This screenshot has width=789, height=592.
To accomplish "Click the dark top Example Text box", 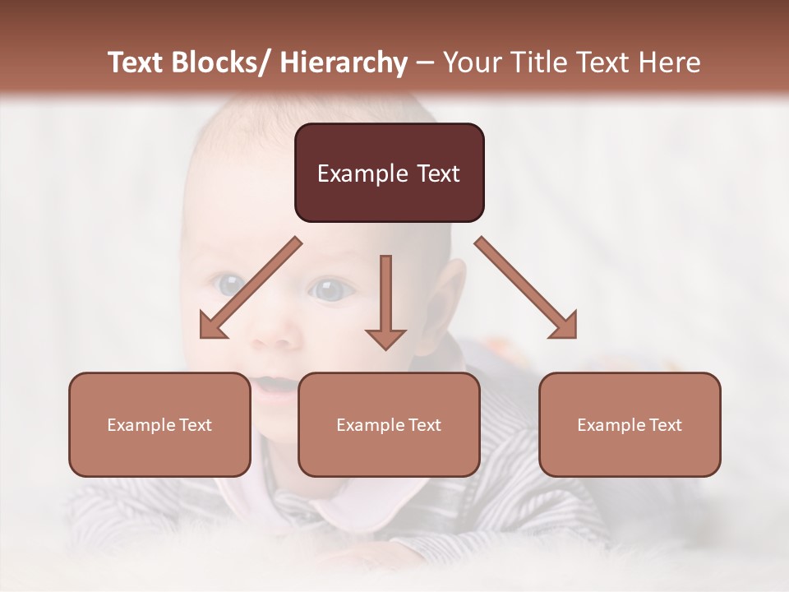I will click(x=389, y=173).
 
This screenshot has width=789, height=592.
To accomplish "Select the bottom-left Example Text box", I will click(x=159, y=424).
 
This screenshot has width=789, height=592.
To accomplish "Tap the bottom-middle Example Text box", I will click(x=389, y=424).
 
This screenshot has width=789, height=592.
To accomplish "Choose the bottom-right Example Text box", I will click(x=630, y=424).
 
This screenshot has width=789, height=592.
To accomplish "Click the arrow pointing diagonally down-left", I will click(x=251, y=288).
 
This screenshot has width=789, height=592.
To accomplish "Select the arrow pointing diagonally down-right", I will click(x=526, y=288).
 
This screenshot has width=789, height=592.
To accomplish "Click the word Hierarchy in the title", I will click(x=344, y=62).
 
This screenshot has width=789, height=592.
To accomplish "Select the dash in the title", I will click(x=425, y=63).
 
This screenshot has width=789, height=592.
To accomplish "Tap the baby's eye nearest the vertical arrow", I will click(x=329, y=289).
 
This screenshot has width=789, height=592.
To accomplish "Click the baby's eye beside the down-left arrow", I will click(x=230, y=285).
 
